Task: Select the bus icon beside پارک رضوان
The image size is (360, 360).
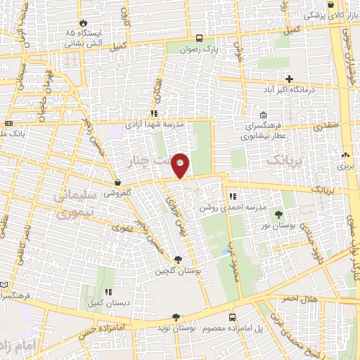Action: [x=200, y=39]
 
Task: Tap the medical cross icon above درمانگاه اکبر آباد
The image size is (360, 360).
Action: [x=289, y=77]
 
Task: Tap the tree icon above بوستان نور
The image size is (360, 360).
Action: [x=279, y=214]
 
